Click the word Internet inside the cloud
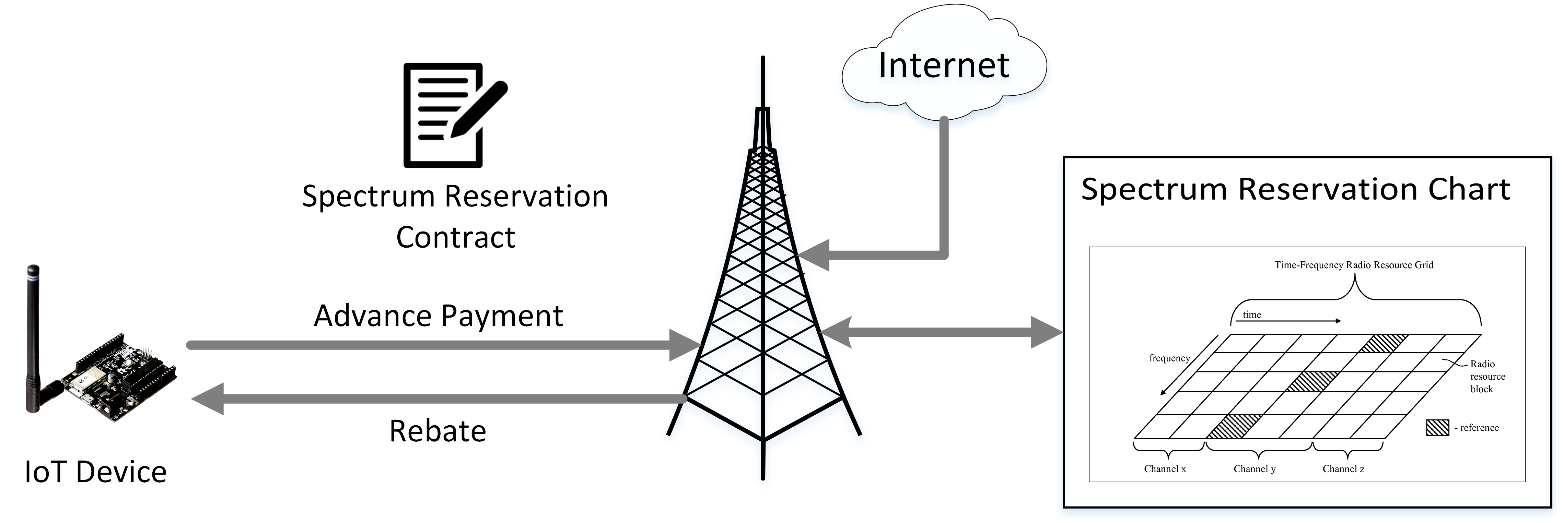944,66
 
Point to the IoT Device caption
95,472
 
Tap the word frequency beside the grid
1169,358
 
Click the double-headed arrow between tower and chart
941,332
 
